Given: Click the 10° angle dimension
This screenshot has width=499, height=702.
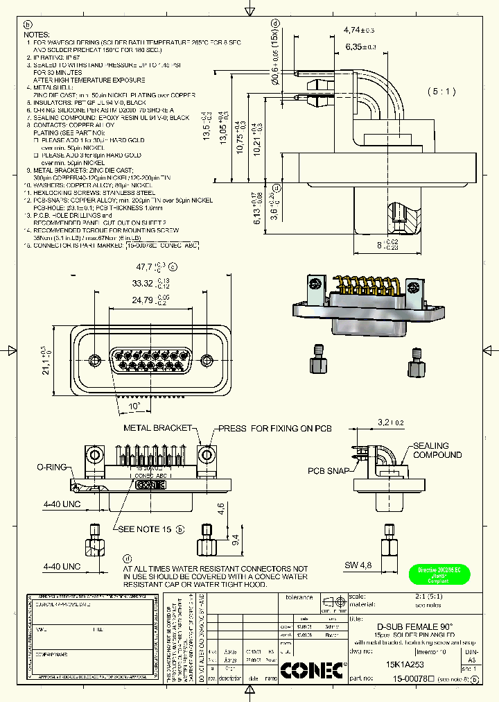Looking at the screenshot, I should click(133, 406).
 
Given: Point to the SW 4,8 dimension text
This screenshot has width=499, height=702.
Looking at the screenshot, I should click(360, 565).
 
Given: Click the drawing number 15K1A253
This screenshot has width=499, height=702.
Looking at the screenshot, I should click(405, 663).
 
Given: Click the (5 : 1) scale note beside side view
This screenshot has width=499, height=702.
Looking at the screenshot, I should click(442, 91).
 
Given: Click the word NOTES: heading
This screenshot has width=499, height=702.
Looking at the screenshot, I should click(38, 34).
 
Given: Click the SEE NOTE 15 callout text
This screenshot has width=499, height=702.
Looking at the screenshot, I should click(144, 529).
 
